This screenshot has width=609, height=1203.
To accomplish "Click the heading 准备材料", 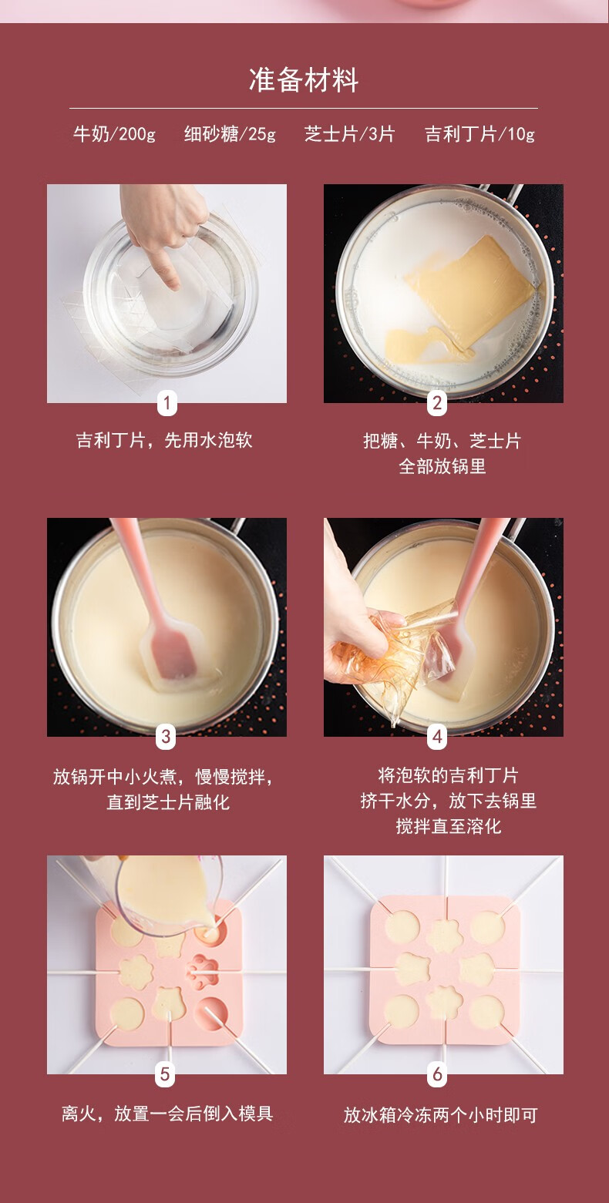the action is point(304,80).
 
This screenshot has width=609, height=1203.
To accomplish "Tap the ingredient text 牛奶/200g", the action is point(114,134).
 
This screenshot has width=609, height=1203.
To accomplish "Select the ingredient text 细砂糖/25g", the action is point(230,134).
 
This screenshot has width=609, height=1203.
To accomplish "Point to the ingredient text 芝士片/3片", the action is point(350,134).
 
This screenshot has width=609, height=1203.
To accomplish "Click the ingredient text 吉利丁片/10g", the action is point(479,134).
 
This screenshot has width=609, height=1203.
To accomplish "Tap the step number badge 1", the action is point(167,403).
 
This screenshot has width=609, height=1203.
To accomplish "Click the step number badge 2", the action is point(437,403).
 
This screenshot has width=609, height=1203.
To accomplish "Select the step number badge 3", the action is point(166,736).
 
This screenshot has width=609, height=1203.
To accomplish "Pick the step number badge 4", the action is point(437,736).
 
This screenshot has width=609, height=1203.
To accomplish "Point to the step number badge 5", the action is point(165,1074).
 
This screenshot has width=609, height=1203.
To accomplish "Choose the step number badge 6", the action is point(437,1074).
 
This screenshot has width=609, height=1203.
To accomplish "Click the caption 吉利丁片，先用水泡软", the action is point(164,440).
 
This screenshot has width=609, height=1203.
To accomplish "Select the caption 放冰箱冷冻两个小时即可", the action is point(440,1115).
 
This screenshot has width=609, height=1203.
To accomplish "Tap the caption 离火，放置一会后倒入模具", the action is point(167,1114).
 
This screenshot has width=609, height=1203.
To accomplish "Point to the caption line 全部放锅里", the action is point(442,466).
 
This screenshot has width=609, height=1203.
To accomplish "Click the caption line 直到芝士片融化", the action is point(168,802).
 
